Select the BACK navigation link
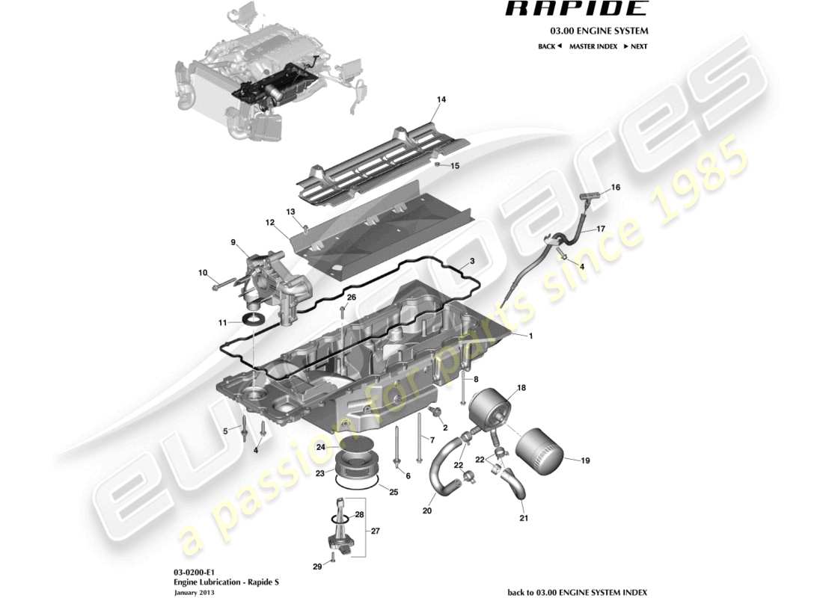[549, 46]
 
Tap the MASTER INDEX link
[593, 46]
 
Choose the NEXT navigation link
[634, 46]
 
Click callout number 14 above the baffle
[441, 99]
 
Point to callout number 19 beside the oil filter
[585, 461]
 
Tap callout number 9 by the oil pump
[233, 242]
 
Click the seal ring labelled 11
[256, 321]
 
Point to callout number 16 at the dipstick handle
[615, 188]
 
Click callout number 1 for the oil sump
[530, 336]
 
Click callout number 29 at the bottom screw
[317, 567]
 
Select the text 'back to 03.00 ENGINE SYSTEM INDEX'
[577, 592]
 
